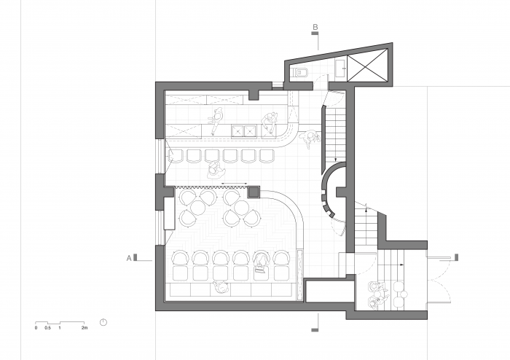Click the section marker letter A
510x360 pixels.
130,257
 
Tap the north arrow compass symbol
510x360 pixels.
103,322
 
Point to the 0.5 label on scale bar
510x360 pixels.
47,329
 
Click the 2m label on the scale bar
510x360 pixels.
84,329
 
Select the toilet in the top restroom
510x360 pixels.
302,71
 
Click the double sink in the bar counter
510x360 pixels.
243,131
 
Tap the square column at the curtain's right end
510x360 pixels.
254,192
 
